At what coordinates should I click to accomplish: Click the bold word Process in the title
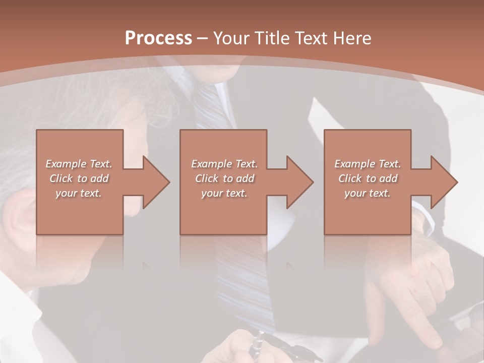(158, 38)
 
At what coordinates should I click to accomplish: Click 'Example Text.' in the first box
(79, 164)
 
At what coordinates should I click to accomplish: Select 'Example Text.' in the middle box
(224, 164)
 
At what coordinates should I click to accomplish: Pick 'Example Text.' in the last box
(368, 164)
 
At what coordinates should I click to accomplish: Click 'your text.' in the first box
(79, 193)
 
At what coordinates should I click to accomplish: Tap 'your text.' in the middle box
(224, 193)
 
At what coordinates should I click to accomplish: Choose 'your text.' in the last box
(368, 193)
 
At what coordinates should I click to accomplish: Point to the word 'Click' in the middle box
(207, 178)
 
